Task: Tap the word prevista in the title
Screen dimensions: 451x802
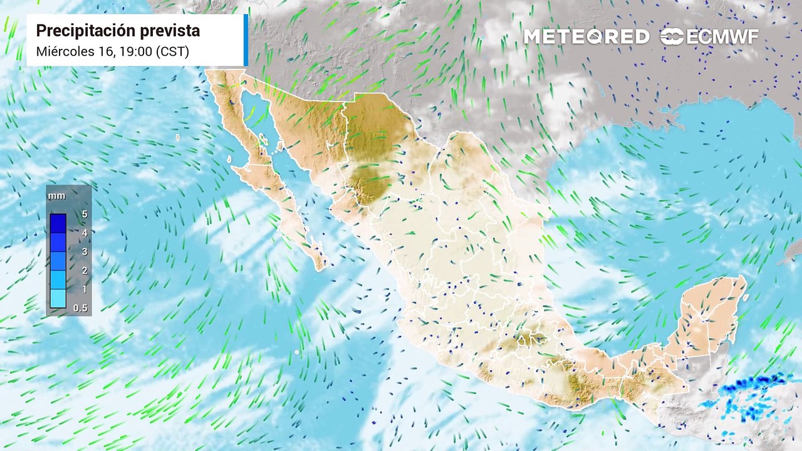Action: (170, 31)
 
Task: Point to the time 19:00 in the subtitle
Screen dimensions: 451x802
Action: (136, 51)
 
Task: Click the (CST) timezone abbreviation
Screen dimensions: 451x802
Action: (175, 51)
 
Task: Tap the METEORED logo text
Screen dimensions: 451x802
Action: (586, 37)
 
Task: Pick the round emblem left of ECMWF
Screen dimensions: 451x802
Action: (672, 37)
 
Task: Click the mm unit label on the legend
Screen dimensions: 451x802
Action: (56, 196)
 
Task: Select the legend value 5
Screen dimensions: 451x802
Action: (84, 214)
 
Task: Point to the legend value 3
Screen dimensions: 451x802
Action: (84, 252)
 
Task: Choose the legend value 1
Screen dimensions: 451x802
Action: (84, 289)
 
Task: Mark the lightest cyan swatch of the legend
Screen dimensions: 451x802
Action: (58, 299)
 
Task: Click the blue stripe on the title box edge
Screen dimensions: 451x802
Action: (246, 40)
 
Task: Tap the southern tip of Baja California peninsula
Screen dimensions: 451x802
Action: (320, 266)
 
